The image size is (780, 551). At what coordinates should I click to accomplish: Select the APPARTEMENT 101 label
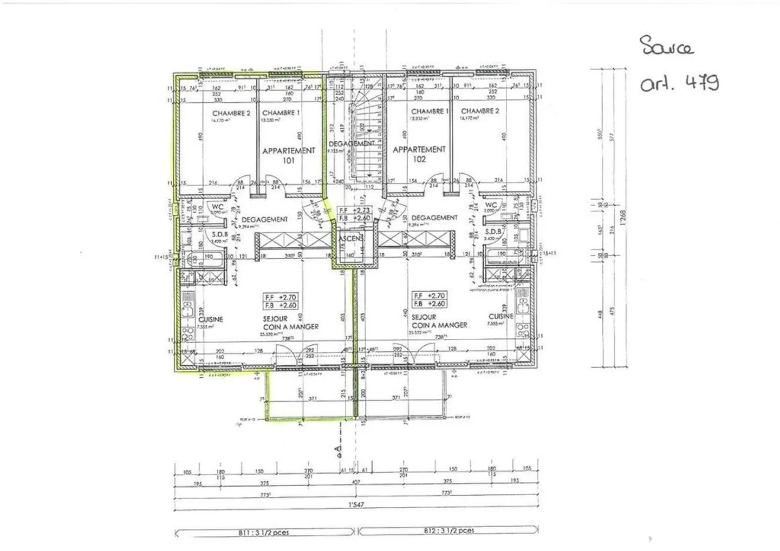(289, 155)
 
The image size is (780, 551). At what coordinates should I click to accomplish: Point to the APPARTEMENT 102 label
(419, 154)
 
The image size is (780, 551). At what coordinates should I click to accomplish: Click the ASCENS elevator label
(351, 239)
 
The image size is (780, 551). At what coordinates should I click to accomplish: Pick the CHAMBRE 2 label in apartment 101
(231, 113)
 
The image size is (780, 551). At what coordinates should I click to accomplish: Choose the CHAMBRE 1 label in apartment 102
(430, 111)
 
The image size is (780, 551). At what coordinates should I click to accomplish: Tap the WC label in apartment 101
(218, 206)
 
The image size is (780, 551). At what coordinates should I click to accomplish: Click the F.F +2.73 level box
(355, 213)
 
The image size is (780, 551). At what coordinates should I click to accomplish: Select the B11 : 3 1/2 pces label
(264, 532)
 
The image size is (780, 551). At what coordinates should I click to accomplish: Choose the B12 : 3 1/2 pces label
(448, 530)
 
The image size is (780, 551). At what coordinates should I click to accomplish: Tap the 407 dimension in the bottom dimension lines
(355, 482)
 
